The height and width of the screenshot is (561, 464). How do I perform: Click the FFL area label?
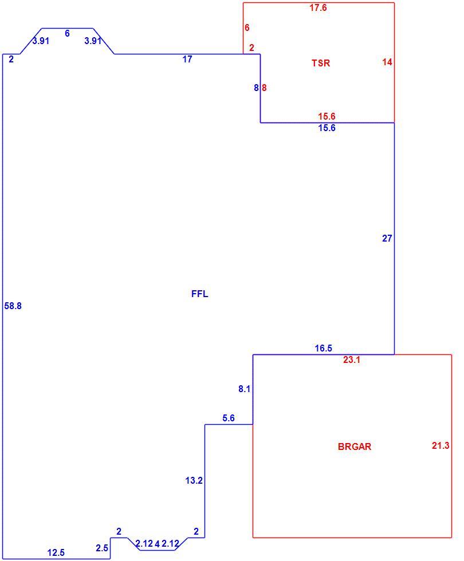pyautogui.click(x=199, y=294)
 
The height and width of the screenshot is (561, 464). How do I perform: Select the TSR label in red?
pyautogui.click(x=320, y=63)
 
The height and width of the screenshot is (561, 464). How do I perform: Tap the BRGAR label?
pyautogui.click(x=355, y=447)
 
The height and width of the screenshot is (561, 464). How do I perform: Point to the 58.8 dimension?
pyautogui.click(x=13, y=306)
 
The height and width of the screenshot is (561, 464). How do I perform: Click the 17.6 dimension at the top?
pyautogui.click(x=318, y=7)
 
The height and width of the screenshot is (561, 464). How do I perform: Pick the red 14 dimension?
pyautogui.click(x=387, y=62)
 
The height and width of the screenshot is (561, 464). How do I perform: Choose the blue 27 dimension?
pyautogui.click(x=387, y=238)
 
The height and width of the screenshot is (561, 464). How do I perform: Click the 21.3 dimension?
pyautogui.click(x=441, y=445)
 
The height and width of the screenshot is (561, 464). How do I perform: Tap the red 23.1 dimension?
pyautogui.click(x=352, y=360)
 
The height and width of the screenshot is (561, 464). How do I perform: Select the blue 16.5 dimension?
pyautogui.click(x=323, y=348)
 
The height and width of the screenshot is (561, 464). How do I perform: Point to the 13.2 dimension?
pyautogui.click(x=194, y=480)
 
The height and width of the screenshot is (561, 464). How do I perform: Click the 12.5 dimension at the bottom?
pyautogui.click(x=56, y=553)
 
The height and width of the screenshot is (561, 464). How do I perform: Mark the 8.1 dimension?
pyautogui.click(x=244, y=389)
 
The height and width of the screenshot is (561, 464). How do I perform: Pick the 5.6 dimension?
pyautogui.click(x=229, y=418)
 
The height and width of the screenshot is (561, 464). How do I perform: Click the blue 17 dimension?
pyautogui.click(x=187, y=60)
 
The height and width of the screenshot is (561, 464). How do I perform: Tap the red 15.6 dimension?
pyautogui.click(x=327, y=116)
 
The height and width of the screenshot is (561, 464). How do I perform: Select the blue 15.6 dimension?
pyautogui.click(x=327, y=128)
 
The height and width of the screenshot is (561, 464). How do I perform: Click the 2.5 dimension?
pyautogui.click(x=102, y=548)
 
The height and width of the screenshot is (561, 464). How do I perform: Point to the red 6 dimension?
pyautogui.click(x=247, y=27)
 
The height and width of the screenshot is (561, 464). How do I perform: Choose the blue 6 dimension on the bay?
pyautogui.click(x=68, y=33)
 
